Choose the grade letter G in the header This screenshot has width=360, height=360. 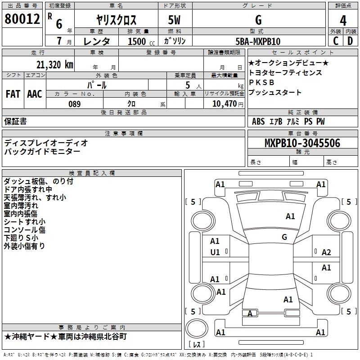tap(258, 20)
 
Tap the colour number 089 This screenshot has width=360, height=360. tap(74, 104)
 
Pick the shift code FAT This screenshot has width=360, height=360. tap(13, 94)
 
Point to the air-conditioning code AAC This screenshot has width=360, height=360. tap(35, 94)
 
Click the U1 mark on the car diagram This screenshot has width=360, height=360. tap(215, 252)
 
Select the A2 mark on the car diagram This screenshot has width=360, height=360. tap(326, 252)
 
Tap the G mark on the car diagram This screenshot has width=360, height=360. tap(284, 237)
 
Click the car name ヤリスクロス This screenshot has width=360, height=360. tap(117, 20)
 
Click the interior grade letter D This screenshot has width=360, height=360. tap(350, 41)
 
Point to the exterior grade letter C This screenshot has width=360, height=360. tap(335, 41)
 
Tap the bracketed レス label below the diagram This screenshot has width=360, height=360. tap(197, 345)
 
